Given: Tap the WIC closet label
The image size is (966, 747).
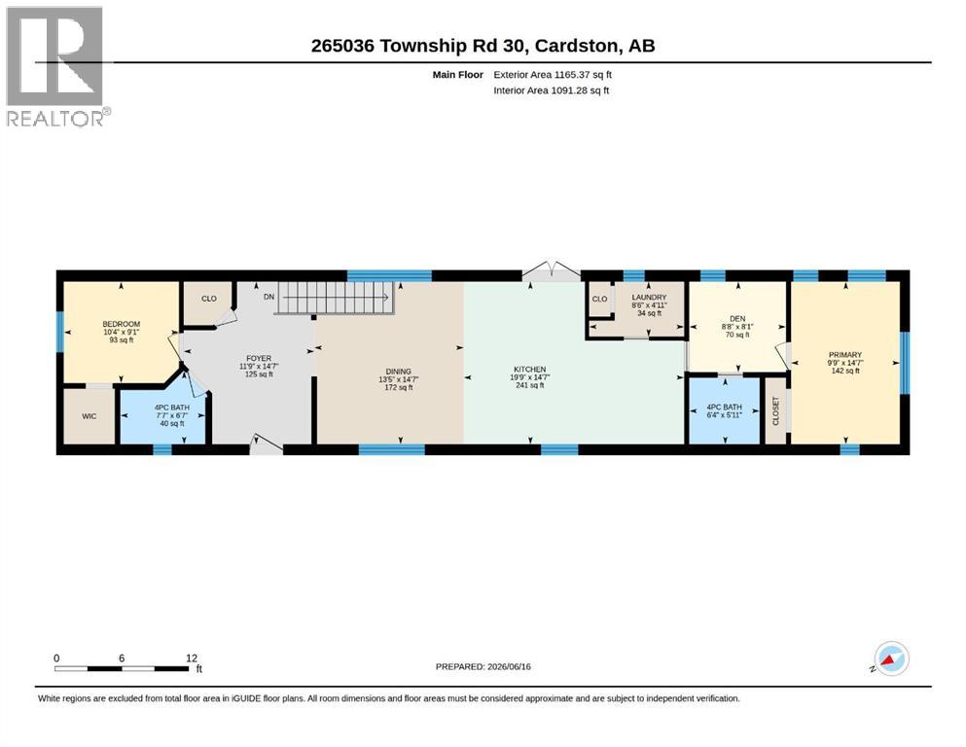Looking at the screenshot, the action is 89,416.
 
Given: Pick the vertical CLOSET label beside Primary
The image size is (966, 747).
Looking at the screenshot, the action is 775,410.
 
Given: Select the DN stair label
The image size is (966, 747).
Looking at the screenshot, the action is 268,297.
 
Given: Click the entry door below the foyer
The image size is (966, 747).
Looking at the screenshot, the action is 267,445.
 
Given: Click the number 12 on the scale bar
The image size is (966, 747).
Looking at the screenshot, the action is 192,658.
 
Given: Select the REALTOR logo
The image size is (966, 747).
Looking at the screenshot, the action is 58,66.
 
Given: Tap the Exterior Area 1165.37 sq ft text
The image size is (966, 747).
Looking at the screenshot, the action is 553,75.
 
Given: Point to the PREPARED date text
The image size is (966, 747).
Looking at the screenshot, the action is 483,666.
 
